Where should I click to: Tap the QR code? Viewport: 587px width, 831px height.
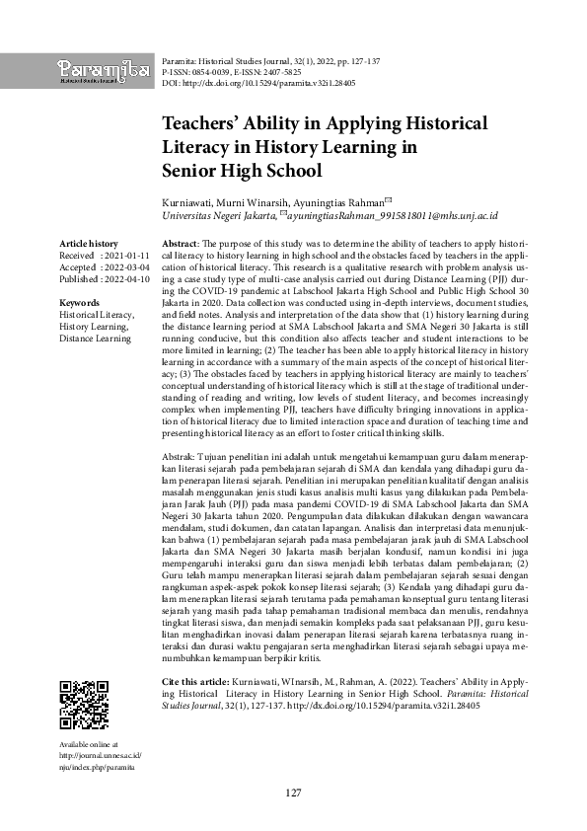point(84,703)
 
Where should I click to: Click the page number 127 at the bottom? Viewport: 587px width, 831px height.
point(293,793)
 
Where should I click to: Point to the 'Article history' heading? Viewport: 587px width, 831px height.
point(89,243)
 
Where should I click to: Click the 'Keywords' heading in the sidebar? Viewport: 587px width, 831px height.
point(79,302)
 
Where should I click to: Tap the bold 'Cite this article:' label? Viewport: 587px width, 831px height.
point(193,681)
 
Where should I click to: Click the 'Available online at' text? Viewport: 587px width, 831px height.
point(90,744)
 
